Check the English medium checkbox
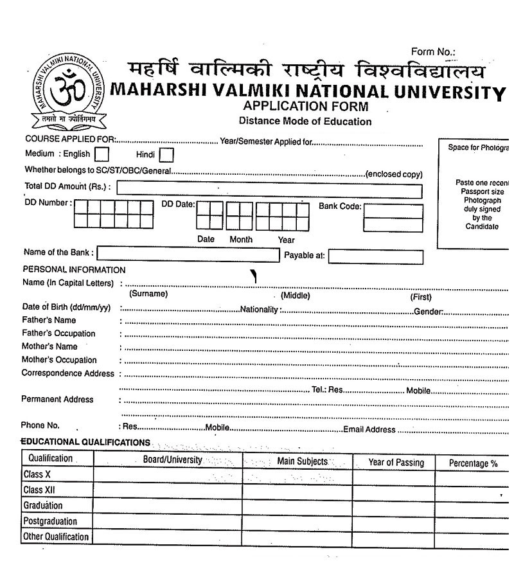pos(102,155)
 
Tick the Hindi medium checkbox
pos(166,155)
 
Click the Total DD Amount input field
pos(269,190)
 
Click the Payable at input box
pos(376,256)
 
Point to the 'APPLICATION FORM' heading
pos(306,107)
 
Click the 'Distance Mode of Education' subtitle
pos(305,121)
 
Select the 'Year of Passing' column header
pos(396,463)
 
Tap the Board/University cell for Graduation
pos(168,506)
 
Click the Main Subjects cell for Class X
pos(297,476)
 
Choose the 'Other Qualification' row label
pos(56,537)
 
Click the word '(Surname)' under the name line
pos(148,294)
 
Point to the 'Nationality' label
pos(260,309)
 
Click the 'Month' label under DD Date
pos(241,240)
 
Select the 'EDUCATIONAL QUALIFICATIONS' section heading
pos(85,443)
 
